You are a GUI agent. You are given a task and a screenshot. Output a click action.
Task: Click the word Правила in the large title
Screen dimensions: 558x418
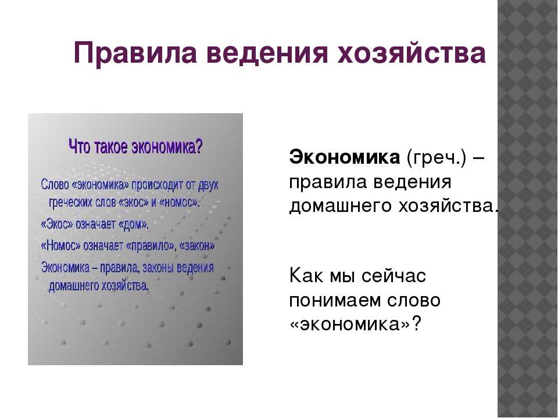(135, 53)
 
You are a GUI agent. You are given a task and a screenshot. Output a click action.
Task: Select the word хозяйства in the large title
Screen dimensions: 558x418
(412, 53)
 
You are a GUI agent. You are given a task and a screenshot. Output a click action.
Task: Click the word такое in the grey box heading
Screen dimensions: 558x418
(111, 146)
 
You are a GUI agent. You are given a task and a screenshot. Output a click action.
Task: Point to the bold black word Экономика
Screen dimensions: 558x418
(345, 157)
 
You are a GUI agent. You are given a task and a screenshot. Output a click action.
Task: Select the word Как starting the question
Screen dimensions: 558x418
(307, 275)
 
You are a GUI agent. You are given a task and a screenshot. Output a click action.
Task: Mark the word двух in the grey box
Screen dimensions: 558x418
(208, 185)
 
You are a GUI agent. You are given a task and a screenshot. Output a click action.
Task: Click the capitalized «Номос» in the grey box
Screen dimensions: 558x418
(61, 246)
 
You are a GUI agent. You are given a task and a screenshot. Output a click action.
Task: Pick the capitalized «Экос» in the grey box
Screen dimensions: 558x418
(57, 225)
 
